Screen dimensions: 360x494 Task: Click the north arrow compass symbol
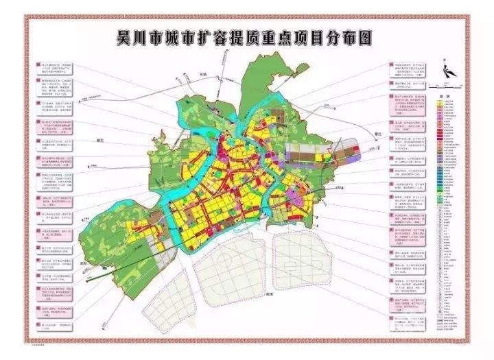point(447,69)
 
